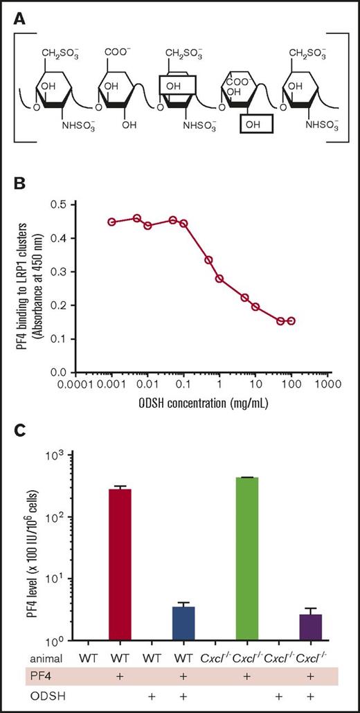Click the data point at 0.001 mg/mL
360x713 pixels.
pyautogui.click(x=112, y=222)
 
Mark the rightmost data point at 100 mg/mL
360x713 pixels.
pyautogui.click(x=291, y=321)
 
